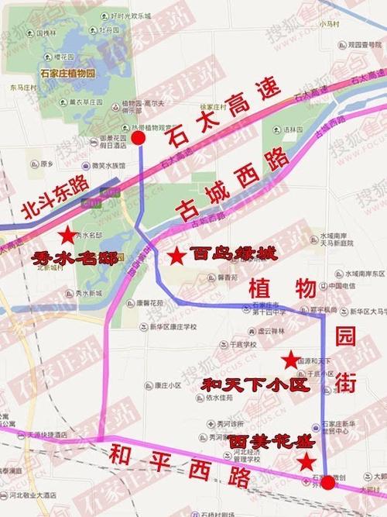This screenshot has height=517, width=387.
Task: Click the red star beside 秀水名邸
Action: click(x=68, y=235)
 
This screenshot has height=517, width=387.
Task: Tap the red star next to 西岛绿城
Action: click(x=177, y=253)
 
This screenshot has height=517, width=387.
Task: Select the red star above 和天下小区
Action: click(x=291, y=359)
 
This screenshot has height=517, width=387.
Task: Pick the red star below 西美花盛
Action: click(x=307, y=463)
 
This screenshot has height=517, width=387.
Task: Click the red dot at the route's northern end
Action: click(x=139, y=138)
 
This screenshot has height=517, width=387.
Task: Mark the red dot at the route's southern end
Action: click(x=328, y=483)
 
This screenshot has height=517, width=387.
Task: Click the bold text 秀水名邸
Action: click(x=74, y=259)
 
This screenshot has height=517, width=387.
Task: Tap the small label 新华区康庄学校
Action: click(x=174, y=326)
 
